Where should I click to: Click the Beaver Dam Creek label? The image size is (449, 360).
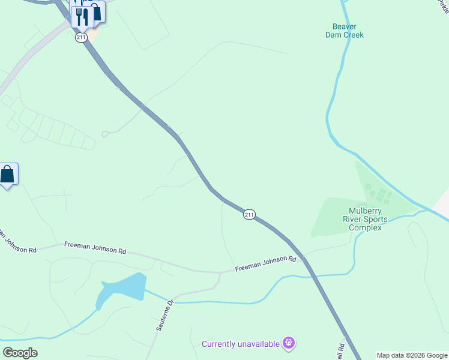tap(344, 31)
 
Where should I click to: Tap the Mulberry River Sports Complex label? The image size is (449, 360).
tap(365, 219)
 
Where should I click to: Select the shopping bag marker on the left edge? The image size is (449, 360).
tap(7, 175)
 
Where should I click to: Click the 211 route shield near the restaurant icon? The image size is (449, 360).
tap(82, 37)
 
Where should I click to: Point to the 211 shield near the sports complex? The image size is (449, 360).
tap(250, 214)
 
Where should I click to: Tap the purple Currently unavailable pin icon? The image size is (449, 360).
tap(289, 343)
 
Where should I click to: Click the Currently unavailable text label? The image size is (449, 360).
tap(241, 344)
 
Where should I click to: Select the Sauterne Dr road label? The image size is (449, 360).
tap(164, 315)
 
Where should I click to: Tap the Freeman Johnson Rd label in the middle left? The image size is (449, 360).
tap(95, 248)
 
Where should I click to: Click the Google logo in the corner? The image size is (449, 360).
tap(20, 352)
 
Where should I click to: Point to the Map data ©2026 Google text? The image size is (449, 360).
tap(412, 355)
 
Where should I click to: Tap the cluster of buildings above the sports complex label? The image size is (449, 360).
tap(378, 194)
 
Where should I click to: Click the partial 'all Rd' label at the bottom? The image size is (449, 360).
tap(340, 350)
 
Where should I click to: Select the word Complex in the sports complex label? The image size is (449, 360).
tap(365, 227)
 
